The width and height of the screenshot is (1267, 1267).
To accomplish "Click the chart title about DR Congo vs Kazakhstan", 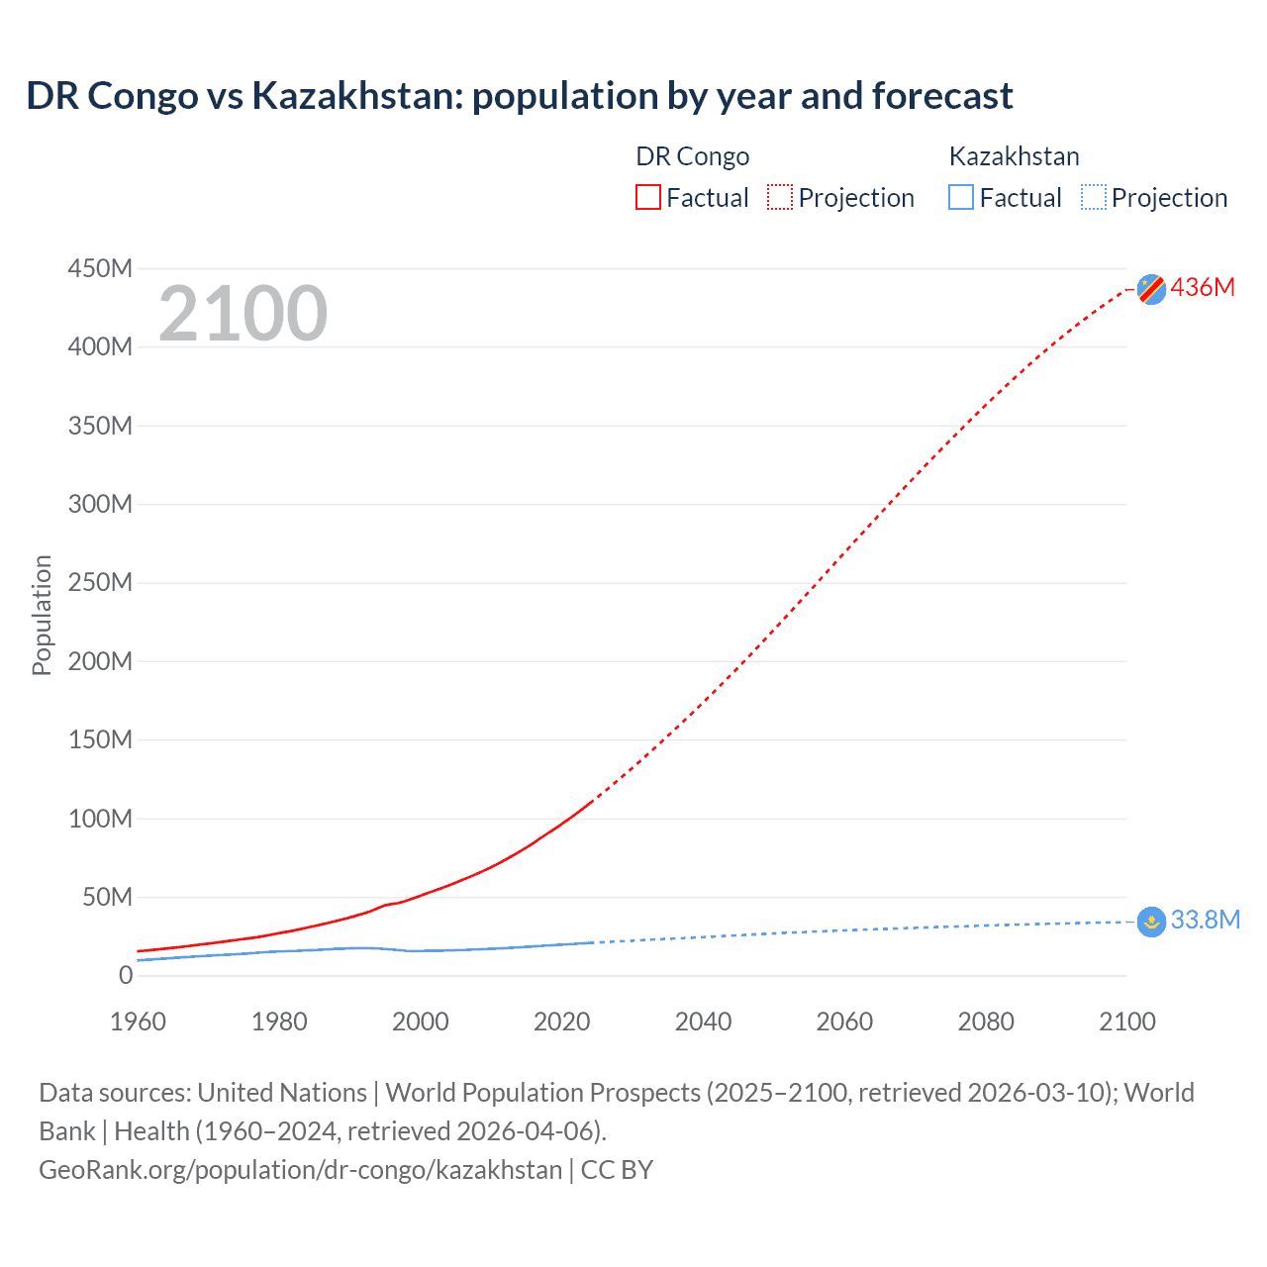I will (520, 96).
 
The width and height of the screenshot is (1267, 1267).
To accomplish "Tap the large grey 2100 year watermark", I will (243, 314).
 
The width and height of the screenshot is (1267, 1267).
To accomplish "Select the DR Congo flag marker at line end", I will (1151, 288).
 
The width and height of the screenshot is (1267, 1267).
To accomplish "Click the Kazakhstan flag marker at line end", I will (1151, 922).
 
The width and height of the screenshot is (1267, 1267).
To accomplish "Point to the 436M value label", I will (1203, 287).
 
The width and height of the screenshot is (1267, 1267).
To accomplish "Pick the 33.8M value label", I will (1205, 920).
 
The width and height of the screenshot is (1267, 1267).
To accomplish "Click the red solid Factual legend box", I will (648, 197).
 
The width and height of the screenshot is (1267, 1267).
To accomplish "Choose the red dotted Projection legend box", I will (780, 197).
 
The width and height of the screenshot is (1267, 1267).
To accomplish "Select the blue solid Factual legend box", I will (961, 197).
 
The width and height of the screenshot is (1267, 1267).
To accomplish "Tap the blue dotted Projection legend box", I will (1094, 197).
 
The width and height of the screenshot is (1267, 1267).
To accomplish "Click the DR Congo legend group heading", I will (692, 156).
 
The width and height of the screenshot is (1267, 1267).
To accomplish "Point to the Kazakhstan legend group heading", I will (1014, 156).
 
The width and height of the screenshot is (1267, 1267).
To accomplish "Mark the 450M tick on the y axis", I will (100, 268).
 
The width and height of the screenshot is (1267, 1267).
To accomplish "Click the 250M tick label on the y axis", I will (100, 582).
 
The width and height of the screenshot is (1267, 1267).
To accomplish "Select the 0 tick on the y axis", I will (125, 975).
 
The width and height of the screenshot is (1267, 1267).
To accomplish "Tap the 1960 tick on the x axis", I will (138, 1022).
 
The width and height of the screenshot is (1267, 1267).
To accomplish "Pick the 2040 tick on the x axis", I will (703, 1022).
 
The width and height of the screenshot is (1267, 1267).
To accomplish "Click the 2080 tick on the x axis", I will (986, 1022).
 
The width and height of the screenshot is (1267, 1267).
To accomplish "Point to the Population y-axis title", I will (42, 615).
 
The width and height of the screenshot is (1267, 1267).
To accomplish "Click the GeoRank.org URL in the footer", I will (301, 1169).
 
